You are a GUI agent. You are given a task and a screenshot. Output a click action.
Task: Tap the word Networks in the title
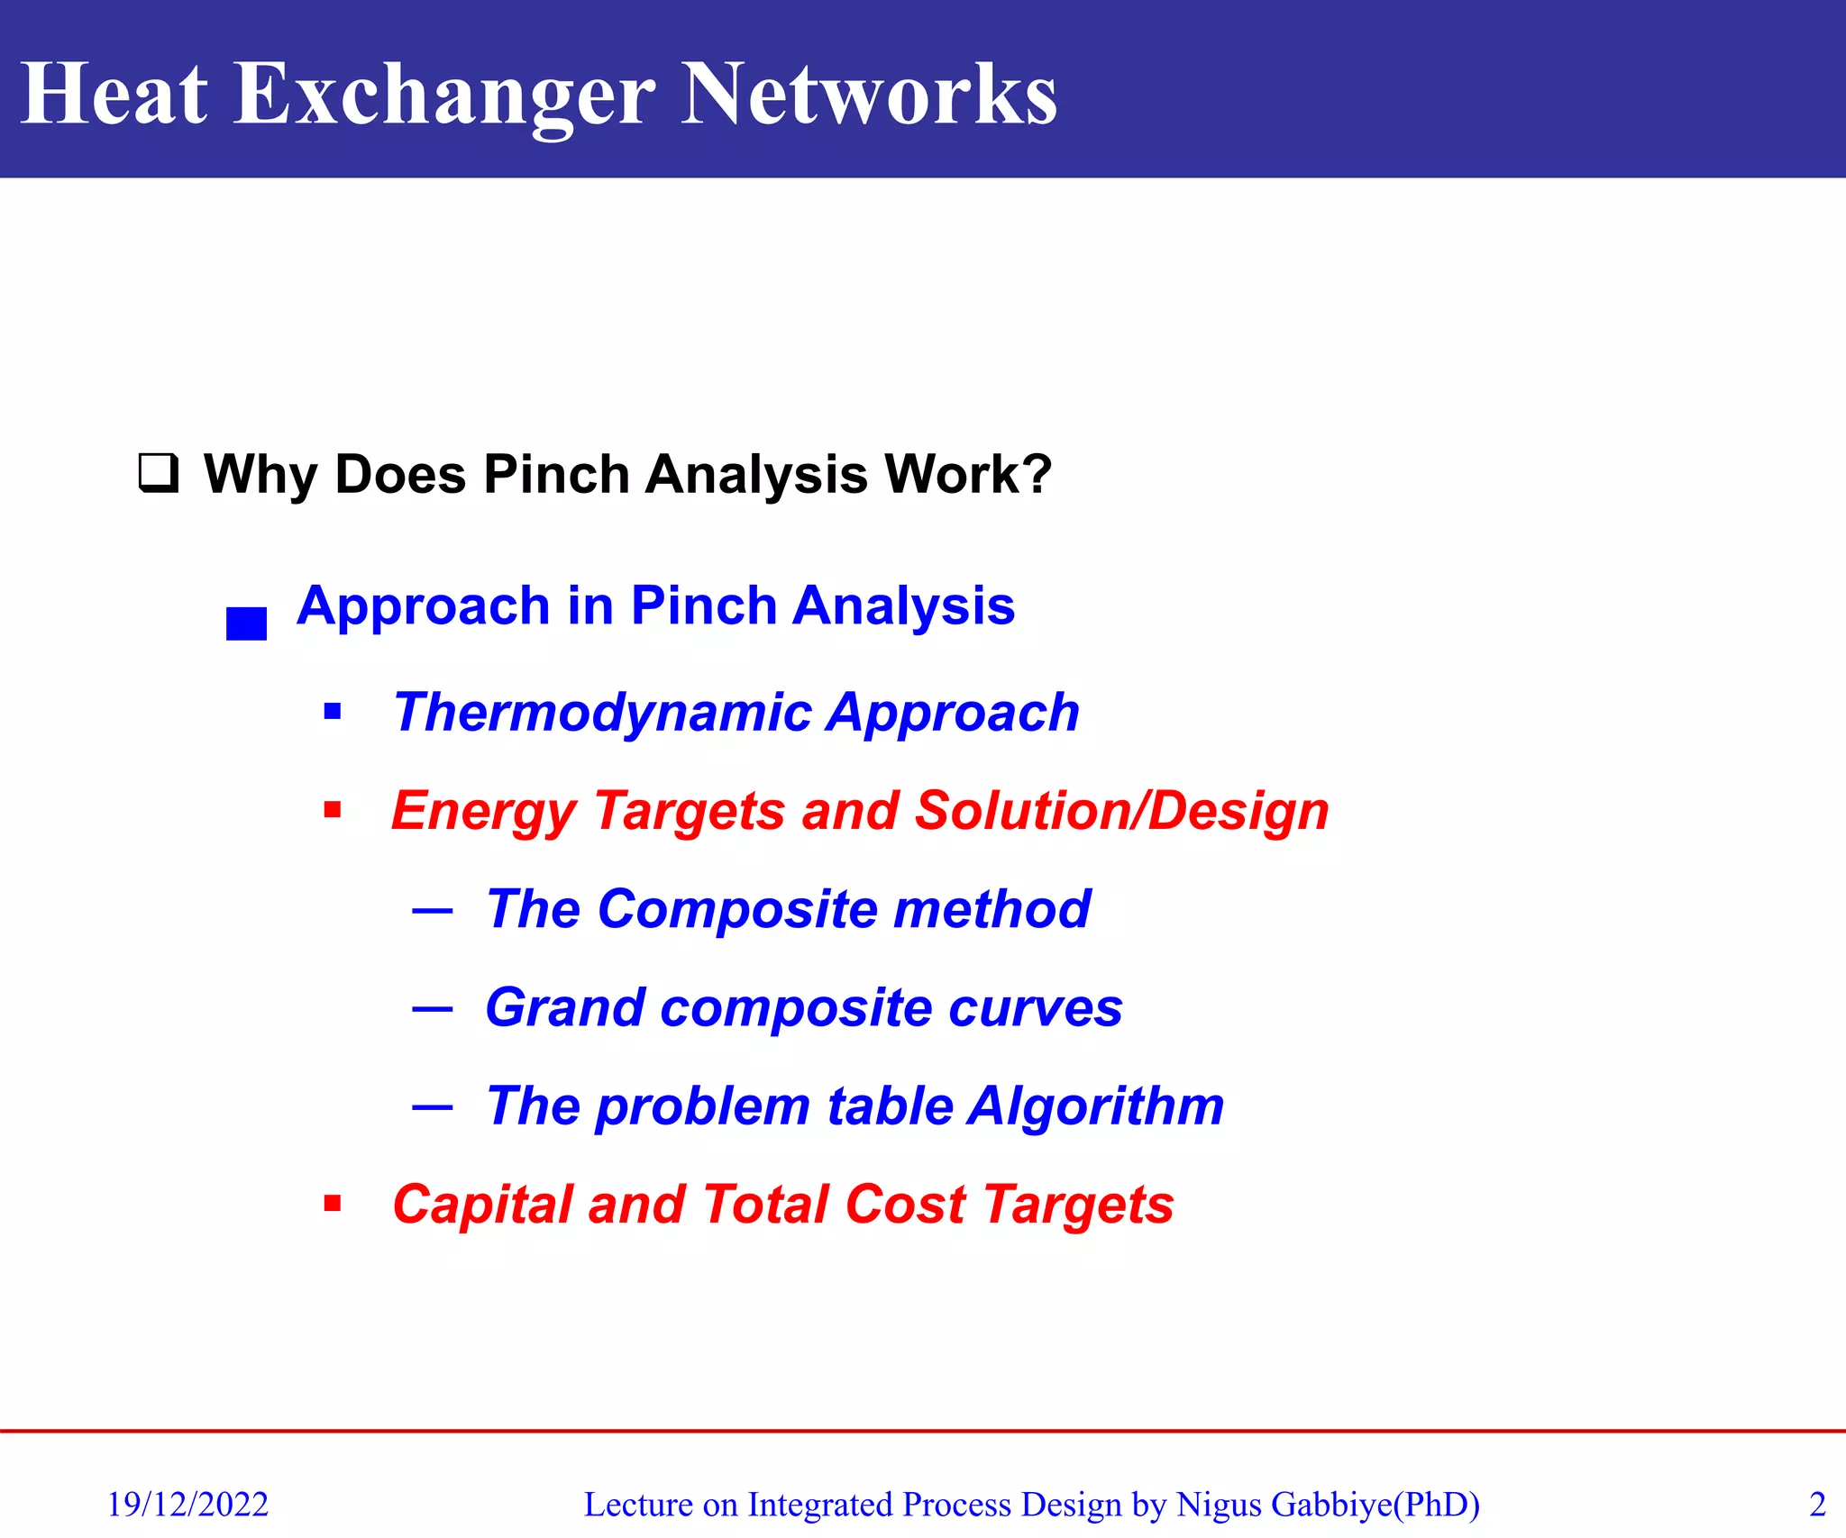(x=869, y=94)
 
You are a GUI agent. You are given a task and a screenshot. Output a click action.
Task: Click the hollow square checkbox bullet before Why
(x=158, y=473)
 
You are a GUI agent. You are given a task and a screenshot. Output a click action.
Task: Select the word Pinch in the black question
(x=555, y=474)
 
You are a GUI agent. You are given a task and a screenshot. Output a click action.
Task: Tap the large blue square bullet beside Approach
(x=246, y=623)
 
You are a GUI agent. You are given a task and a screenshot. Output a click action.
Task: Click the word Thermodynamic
(x=602, y=712)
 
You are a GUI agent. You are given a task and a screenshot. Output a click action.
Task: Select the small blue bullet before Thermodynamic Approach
(x=333, y=713)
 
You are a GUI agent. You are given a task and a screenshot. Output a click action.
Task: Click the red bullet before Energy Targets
(x=333, y=810)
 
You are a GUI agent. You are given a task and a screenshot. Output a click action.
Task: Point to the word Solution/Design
(x=1121, y=810)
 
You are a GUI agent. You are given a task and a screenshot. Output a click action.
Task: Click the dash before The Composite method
(x=432, y=911)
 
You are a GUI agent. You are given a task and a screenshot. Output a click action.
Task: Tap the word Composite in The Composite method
(x=736, y=908)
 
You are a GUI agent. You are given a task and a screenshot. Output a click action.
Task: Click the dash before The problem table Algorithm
(x=432, y=1107)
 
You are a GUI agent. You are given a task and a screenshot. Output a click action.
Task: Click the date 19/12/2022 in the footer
(x=187, y=1504)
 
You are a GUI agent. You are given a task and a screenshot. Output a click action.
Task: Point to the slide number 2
(x=1817, y=1504)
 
